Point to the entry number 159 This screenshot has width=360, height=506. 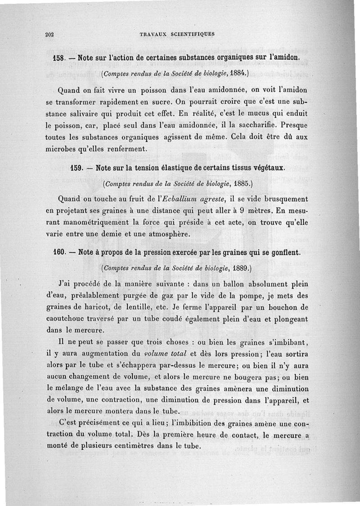point(78,168)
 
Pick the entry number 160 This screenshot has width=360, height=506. point(60,253)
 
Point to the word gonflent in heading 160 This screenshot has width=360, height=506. point(282,253)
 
